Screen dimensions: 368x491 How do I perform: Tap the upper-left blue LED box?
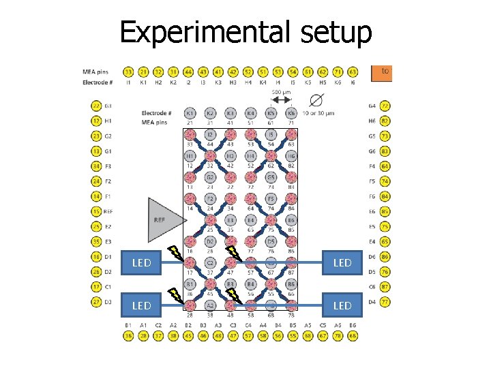point(142,262)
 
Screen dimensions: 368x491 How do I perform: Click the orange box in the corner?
point(383,71)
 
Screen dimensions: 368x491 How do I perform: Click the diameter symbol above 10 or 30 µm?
point(316,100)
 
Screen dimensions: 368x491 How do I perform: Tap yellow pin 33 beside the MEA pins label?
point(128,71)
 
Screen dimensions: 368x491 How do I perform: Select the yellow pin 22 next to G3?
point(96,106)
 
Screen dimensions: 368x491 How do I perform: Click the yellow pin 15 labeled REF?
point(96,211)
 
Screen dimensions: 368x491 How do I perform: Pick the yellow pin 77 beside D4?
point(385,301)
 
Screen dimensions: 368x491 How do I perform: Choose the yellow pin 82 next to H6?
point(385,121)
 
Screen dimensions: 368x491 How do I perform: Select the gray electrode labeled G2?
point(211,178)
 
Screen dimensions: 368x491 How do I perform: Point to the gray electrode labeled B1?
point(190,283)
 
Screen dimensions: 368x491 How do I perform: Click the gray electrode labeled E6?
point(291,220)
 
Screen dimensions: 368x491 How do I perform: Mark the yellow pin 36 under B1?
point(128,335)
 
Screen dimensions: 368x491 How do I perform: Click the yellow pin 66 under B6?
point(353,335)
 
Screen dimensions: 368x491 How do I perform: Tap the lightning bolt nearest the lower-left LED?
point(177,295)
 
